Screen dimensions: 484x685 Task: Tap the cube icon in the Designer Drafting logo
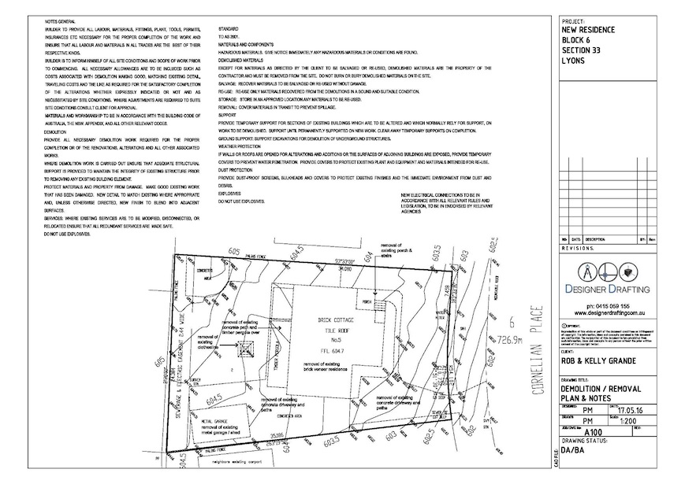tap(629, 273)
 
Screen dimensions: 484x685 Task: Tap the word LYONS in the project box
tap(574, 60)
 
